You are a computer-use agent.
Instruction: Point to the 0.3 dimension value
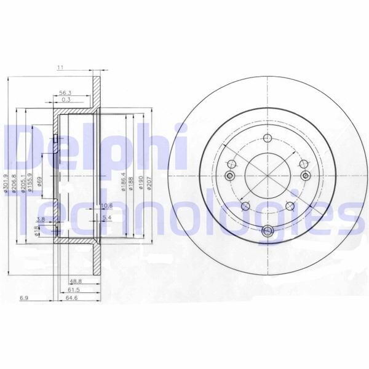[65, 100]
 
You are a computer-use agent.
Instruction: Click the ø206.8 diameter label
[14, 183]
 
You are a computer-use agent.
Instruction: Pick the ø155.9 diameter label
[30, 182]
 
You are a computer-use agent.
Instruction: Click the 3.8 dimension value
[41, 219]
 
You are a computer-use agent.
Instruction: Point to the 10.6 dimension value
[106, 205]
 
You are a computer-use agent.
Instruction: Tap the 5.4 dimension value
[106, 218]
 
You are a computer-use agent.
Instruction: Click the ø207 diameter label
[149, 183]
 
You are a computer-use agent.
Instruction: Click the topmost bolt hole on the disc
[267, 138]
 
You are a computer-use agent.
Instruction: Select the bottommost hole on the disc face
[267, 231]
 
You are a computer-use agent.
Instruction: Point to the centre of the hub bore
[267, 176]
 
